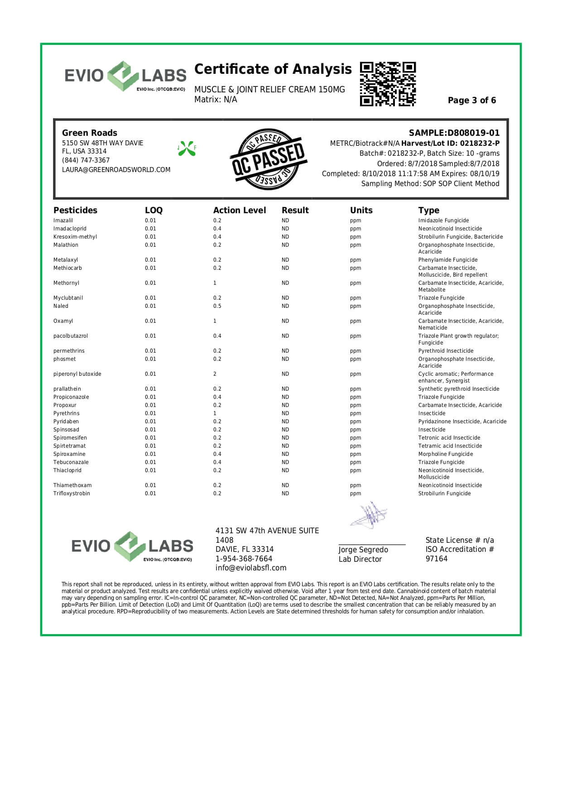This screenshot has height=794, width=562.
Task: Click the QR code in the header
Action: point(388,84)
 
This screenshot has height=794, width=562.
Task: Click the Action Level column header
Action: point(240,210)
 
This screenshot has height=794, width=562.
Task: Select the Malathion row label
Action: point(66,245)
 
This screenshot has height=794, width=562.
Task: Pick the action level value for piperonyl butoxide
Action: point(215,374)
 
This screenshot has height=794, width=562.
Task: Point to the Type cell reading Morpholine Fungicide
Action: point(445,454)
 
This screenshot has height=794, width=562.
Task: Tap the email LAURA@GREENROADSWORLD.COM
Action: point(116,170)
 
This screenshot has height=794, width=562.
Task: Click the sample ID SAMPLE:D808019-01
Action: point(454,133)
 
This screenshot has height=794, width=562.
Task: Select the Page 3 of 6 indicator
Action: point(471,100)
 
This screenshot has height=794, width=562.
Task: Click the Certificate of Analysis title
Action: point(273,69)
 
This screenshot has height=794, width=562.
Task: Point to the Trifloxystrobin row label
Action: point(72,493)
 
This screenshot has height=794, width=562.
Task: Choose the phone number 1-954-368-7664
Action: point(244,559)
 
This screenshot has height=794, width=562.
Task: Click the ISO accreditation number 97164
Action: point(436,559)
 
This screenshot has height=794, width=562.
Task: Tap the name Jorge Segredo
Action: point(363,550)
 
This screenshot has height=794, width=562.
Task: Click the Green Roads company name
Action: point(89,133)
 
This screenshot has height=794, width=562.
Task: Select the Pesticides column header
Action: point(75,210)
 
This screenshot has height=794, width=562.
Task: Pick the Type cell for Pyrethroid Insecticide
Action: point(446,351)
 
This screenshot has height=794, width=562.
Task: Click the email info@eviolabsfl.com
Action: point(250,568)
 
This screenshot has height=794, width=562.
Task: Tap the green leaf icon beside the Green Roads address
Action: point(187,148)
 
